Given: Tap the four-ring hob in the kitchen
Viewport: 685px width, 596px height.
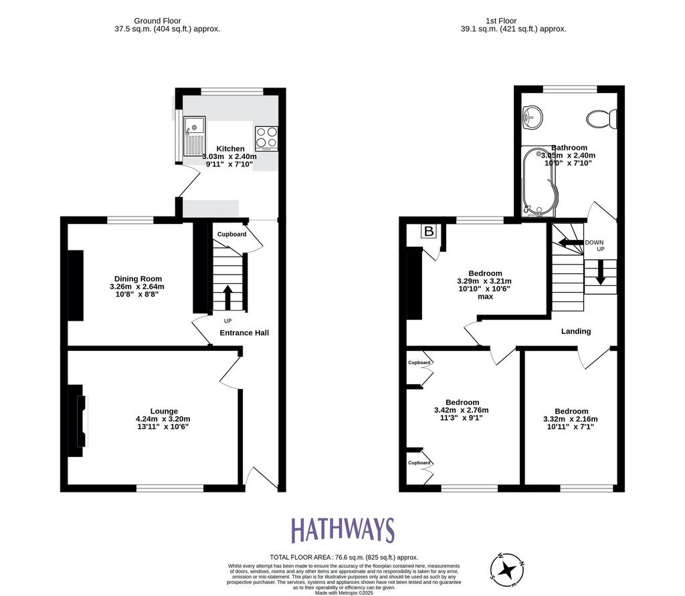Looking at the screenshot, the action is click(266, 139).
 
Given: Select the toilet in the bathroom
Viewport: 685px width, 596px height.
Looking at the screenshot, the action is click(602, 119).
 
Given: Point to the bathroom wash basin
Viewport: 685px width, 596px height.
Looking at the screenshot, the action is click(532, 117).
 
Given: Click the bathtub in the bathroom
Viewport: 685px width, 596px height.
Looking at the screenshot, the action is click(540, 182).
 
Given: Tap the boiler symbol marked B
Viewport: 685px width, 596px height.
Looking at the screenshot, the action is click(429, 231).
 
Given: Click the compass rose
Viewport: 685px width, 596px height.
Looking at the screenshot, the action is click(507, 570).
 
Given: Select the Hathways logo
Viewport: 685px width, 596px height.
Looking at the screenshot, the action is click(343, 530).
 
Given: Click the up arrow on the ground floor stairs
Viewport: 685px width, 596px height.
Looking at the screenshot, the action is click(227, 297).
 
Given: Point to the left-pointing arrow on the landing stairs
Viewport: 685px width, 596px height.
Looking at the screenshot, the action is click(571, 242).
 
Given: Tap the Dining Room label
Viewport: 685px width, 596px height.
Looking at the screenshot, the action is click(138, 279).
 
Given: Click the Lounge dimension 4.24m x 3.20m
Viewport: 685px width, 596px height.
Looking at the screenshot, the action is click(163, 419).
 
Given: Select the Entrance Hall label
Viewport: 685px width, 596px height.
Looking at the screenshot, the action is click(244, 333).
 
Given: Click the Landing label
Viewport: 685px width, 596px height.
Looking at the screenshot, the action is click(576, 331).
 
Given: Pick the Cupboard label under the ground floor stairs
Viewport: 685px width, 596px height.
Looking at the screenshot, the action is click(232, 235).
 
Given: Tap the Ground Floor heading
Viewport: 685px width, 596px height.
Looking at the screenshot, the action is click(157, 21).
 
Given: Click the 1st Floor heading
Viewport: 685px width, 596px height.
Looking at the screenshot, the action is click(501, 21).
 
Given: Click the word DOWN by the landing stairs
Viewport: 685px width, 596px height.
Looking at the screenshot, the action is click(594, 243).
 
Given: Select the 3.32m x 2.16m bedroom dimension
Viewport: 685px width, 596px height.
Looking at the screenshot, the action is click(571, 419).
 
